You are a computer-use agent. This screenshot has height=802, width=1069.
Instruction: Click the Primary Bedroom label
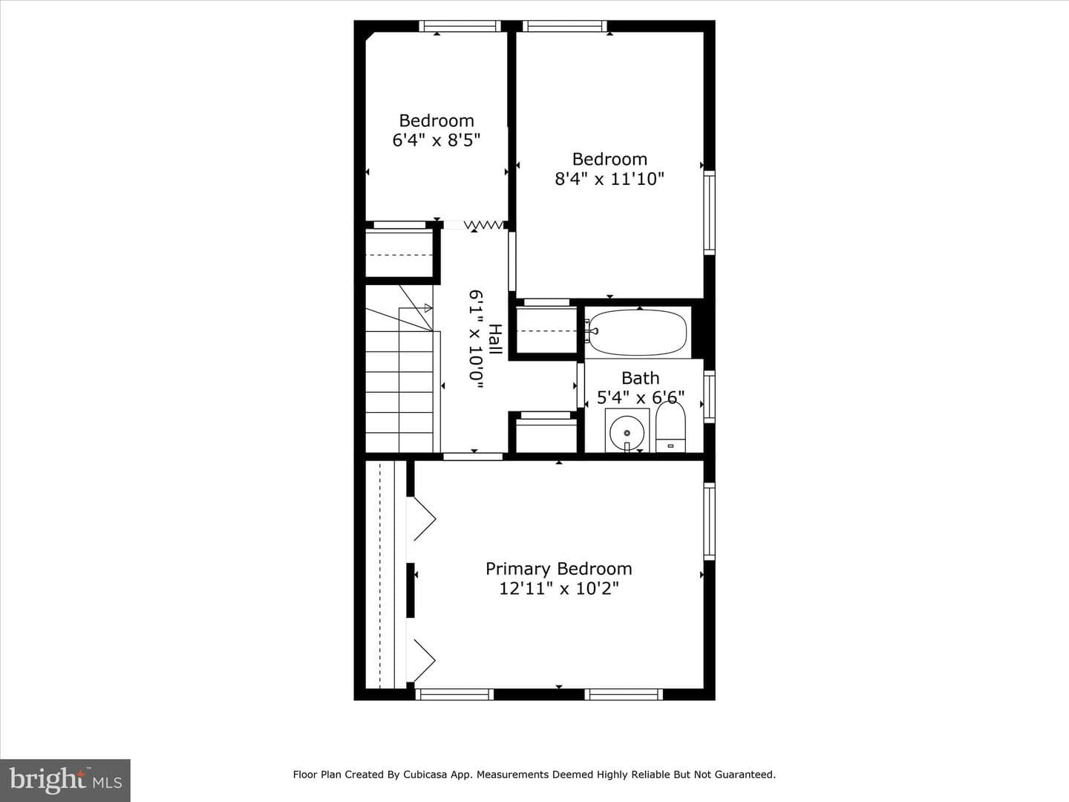(x=558, y=569)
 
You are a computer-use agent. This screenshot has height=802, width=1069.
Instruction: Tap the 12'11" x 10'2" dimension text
(x=558, y=589)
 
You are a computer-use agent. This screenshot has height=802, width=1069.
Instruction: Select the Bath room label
(x=641, y=378)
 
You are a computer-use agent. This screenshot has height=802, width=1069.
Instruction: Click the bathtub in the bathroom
(x=638, y=332)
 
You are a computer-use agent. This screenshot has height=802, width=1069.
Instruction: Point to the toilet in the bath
(x=670, y=426)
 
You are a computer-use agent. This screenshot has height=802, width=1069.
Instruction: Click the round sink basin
(x=627, y=432)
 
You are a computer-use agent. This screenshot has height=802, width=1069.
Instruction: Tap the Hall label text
(x=495, y=339)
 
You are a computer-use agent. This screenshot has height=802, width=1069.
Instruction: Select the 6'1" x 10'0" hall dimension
(x=477, y=339)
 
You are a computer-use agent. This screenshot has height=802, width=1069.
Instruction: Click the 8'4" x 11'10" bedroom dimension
(x=609, y=179)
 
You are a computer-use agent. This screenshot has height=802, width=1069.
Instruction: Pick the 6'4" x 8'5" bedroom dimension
(x=437, y=140)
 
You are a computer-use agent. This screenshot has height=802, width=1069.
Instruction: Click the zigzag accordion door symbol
(x=483, y=225)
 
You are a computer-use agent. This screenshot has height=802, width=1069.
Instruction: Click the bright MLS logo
(x=65, y=780)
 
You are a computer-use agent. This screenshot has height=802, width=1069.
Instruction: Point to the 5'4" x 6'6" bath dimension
(x=641, y=397)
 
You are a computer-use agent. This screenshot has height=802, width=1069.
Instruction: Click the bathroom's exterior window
(x=710, y=397)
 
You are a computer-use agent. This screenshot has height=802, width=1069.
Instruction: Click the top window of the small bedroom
(x=460, y=26)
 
